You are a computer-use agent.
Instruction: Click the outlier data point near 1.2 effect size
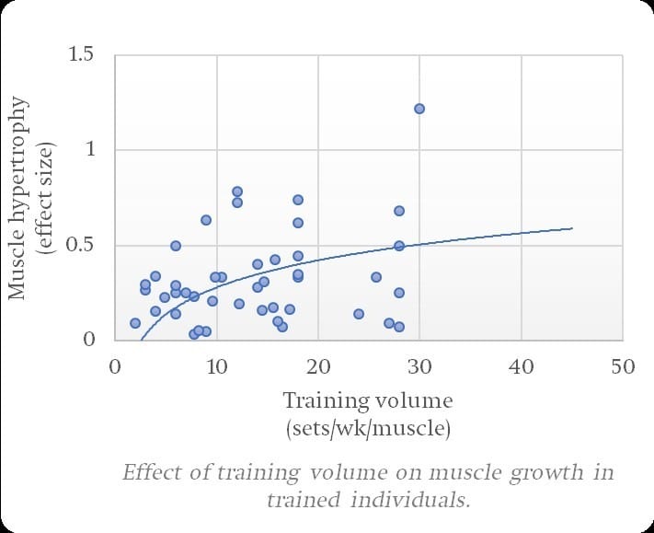(x=419, y=109)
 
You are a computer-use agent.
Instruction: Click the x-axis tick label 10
(x=216, y=365)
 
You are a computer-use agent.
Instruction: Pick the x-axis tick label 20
(x=318, y=365)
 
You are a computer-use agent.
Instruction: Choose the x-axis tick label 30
(x=419, y=365)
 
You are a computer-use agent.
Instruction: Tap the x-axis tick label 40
(x=522, y=365)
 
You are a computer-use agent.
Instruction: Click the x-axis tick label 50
(x=623, y=365)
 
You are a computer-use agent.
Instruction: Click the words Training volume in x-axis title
(x=368, y=401)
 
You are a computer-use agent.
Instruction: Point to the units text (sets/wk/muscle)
(x=368, y=427)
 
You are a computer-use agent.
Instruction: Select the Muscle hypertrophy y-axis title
(x=17, y=197)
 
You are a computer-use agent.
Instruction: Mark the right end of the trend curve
(x=572, y=228)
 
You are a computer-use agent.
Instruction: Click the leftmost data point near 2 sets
(x=135, y=323)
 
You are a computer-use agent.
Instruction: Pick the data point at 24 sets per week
(x=359, y=314)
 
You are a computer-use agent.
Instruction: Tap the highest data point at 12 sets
(x=237, y=191)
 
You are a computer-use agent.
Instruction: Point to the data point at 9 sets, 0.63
(x=206, y=220)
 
